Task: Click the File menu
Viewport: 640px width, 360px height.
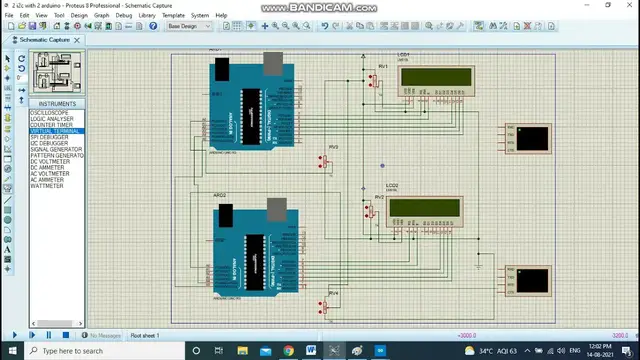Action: click(10, 16)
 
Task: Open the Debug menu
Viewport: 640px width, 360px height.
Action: click(124, 16)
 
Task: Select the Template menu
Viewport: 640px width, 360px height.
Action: click(173, 16)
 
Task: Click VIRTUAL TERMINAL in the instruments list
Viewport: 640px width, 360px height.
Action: click(55, 131)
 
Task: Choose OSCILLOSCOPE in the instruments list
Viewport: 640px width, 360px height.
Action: click(49, 113)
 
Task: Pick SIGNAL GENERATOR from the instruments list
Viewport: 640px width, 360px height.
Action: click(56, 149)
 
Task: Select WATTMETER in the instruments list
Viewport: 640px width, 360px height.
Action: click(47, 185)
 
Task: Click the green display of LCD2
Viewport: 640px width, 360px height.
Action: click(424, 207)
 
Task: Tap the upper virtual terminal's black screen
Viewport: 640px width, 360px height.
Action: click(533, 137)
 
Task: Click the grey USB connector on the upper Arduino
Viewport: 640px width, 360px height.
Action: click(272, 64)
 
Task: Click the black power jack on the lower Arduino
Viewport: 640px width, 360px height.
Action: click(225, 214)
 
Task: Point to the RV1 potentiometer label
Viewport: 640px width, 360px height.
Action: click(382, 66)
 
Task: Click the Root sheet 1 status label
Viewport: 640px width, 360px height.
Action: click(145, 335)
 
